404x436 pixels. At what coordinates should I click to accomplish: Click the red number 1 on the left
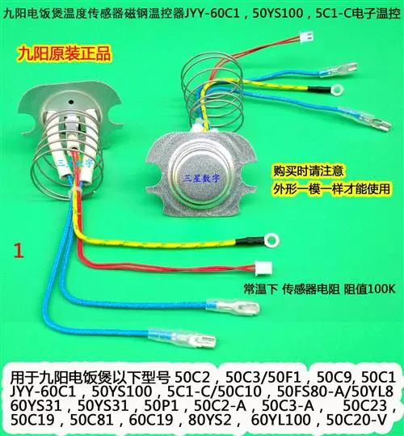point(19,251)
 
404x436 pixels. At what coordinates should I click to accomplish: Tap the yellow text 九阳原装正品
point(65,53)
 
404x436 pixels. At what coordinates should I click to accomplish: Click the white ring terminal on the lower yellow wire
point(271,240)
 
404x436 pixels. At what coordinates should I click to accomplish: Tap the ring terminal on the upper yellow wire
point(337,90)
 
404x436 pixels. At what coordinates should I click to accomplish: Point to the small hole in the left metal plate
point(71,102)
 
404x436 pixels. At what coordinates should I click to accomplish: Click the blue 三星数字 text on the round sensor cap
point(201,177)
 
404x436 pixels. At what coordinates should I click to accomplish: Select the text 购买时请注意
point(308,171)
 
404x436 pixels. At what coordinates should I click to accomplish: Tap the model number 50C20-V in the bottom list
point(356,419)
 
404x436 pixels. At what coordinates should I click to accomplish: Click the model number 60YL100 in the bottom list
point(280,419)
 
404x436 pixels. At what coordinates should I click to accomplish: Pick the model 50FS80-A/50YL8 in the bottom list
point(335,392)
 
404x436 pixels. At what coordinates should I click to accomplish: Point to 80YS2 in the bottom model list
point(209,419)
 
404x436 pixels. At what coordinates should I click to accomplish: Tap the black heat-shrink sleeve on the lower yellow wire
point(250,240)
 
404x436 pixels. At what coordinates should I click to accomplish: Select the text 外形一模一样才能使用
point(331,188)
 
